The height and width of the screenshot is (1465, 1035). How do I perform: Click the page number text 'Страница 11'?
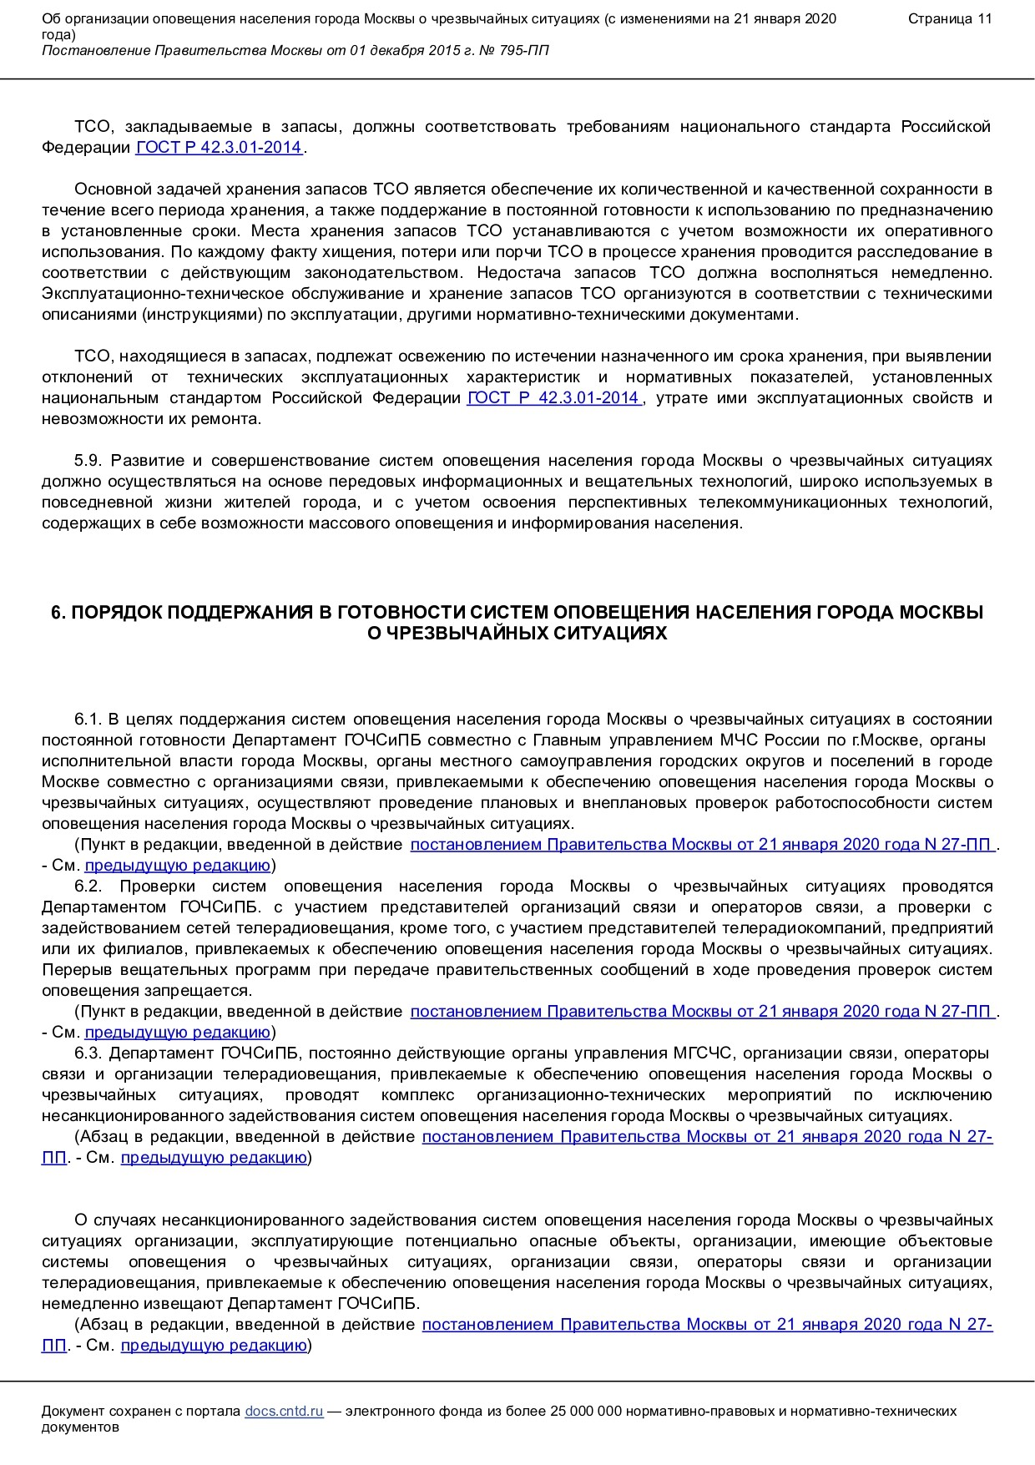(x=950, y=19)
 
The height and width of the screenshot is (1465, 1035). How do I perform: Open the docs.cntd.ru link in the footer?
(x=284, y=1411)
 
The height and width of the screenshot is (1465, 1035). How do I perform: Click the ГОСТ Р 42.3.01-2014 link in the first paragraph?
(x=219, y=148)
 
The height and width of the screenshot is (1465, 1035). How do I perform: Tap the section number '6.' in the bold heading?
(x=58, y=613)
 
